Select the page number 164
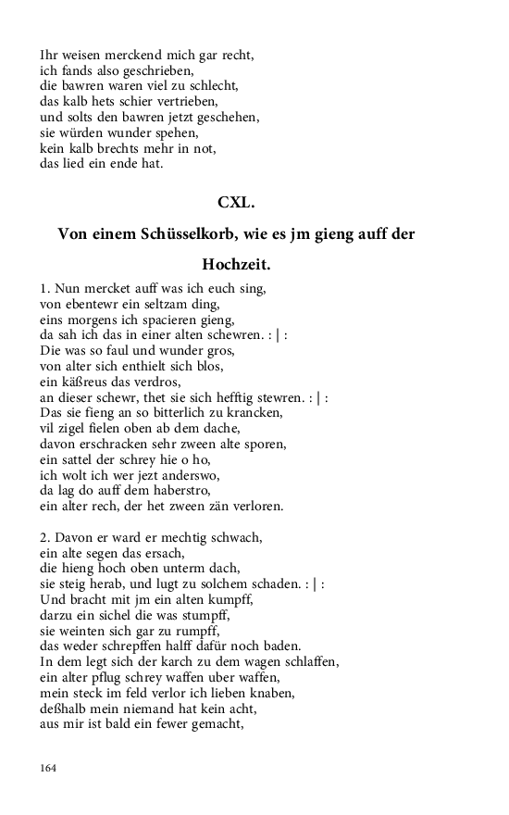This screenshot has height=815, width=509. click(x=49, y=767)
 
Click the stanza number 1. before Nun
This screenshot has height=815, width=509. click(x=45, y=289)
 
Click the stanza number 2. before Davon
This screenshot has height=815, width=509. click(x=45, y=538)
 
